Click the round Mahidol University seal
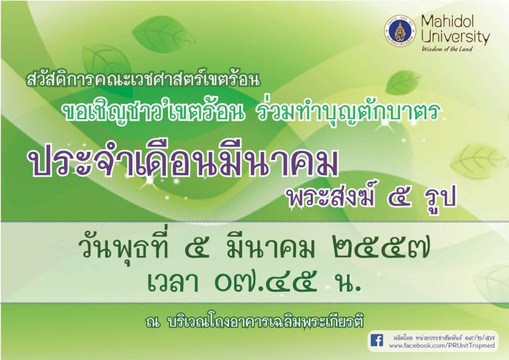pyautogui.click(x=400, y=32)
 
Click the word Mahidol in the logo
pyautogui.click(x=448, y=22)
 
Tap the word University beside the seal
pyautogui.click(x=455, y=36)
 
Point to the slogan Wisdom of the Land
pyautogui.click(x=447, y=49)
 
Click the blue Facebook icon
pyautogui.click(x=377, y=340)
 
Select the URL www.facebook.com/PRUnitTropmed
pyautogui.click(x=442, y=345)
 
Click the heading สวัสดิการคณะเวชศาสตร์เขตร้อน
pyautogui.click(x=143, y=79)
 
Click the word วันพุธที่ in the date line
pyautogui.click(x=125, y=249)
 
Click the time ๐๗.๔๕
pyautogui.click(x=265, y=283)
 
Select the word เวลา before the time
pyautogui.click(x=173, y=283)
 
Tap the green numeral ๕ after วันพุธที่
pyautogui.click(x=196, y=250)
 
